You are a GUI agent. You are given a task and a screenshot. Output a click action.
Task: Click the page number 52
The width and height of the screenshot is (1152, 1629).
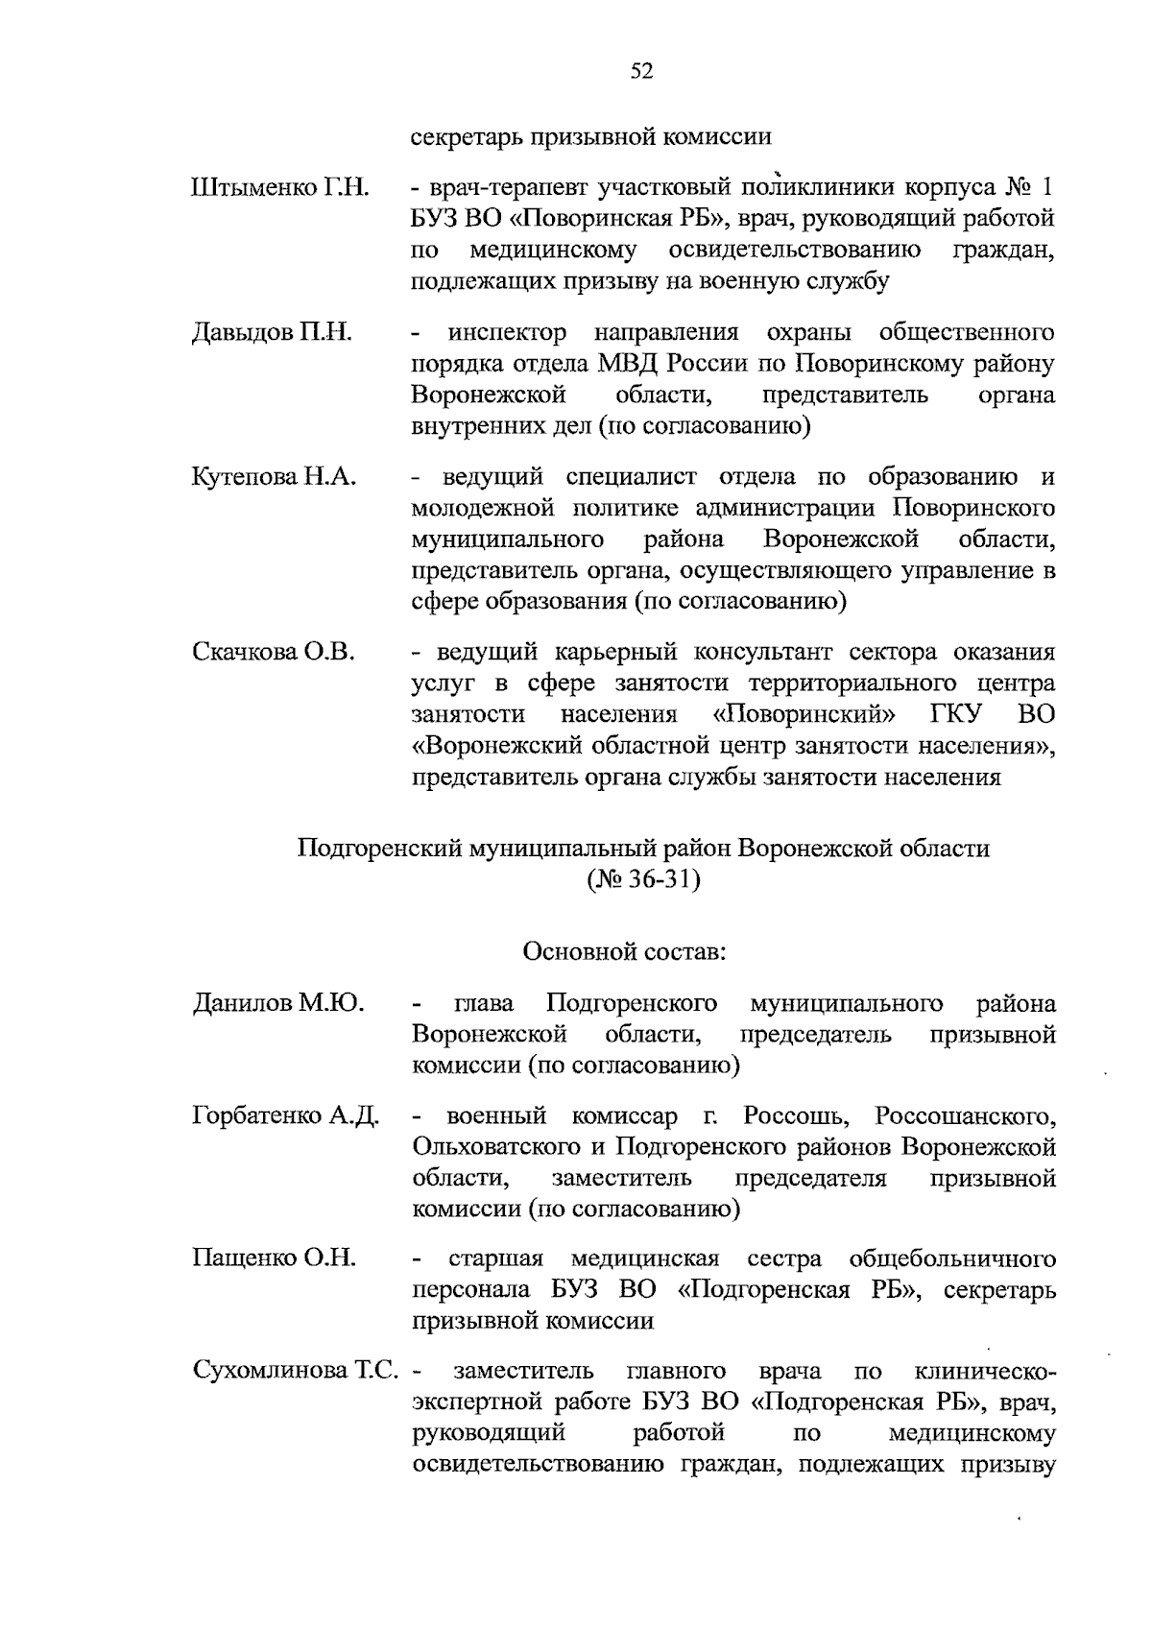(x=641, y=71)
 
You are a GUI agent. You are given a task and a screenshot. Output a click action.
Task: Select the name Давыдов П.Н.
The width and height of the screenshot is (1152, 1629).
(x=272, y=333)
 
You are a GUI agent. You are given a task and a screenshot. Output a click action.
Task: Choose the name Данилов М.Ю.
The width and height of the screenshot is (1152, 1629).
(x=277, y=1004)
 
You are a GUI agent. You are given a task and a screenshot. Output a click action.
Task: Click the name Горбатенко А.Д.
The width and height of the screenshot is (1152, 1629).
(x=286, y=1117)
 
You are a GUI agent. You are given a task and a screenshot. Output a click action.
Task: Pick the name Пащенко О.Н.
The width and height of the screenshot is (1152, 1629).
(x=274, y=1258)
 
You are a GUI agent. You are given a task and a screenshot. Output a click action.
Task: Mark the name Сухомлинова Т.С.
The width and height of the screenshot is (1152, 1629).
(x=295, y=1371)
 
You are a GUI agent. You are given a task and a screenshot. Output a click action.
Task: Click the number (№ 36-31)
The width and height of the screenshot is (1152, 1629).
(x=642, y=880)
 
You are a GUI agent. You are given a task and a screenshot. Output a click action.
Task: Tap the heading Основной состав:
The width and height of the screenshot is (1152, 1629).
(x=624, y=953)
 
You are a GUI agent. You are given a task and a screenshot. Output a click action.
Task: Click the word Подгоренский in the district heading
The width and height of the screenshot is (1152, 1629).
(x=379, y=849)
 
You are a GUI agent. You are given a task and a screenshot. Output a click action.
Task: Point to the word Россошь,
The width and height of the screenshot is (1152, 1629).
(x=795, y=1117)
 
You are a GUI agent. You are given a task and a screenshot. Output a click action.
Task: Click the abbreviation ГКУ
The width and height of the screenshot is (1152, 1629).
(x=953, y=715)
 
